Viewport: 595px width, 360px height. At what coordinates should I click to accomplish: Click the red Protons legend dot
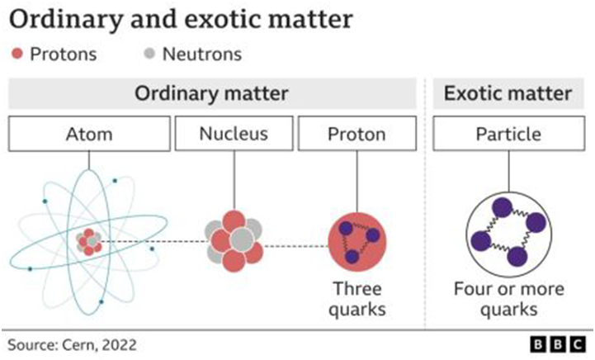tap(16, 55)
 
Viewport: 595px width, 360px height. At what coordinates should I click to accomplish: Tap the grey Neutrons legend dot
tap(148, 55)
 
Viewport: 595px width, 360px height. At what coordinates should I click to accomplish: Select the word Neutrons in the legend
tap(202, 55)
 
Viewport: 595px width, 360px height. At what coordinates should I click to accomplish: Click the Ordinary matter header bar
tap(212, 93)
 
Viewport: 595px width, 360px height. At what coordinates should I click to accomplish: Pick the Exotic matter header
tap(508, 93)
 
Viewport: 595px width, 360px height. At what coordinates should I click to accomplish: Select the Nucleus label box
tap(234, 134)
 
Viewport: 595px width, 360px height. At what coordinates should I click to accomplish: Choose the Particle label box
tap(508, 134)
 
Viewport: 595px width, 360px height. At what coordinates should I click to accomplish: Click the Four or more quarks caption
tap(508, 300)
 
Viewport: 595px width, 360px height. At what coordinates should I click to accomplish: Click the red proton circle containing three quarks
tap(358, 243)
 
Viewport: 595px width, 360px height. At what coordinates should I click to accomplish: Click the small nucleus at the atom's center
tap(89, 242)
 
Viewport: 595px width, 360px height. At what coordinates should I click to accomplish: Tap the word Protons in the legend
tap(64, 55)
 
